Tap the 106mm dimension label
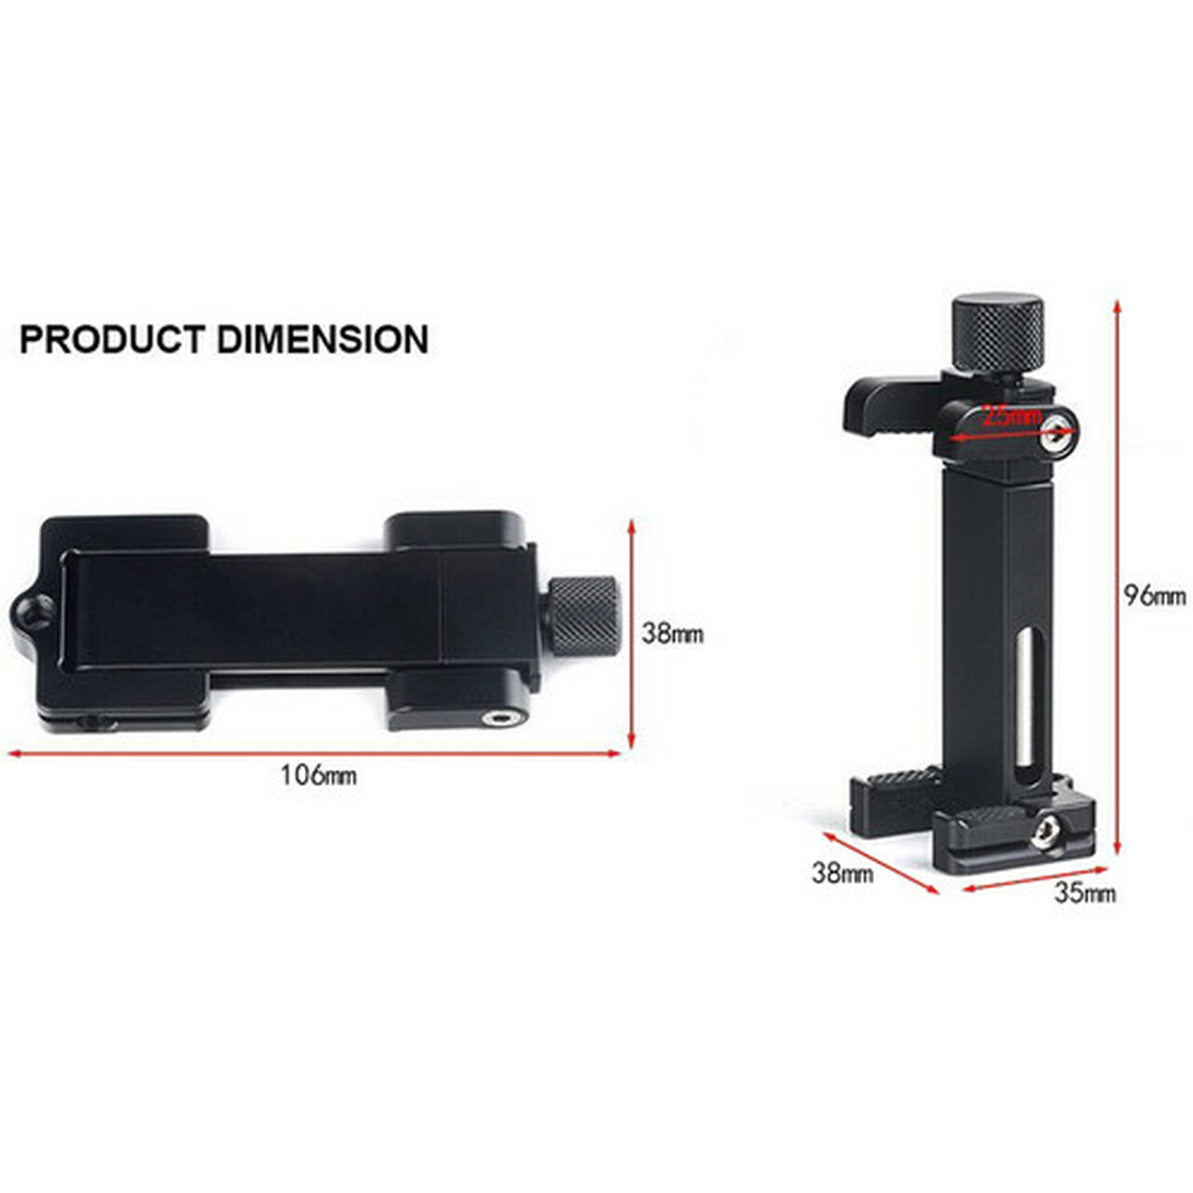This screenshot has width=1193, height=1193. (x=319, y=775)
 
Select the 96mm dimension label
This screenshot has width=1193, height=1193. (x=1155, y=596)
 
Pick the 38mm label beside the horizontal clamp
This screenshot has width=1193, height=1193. (x=672, y=634)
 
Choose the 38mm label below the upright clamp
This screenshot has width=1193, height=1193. (x=843, y=873)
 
